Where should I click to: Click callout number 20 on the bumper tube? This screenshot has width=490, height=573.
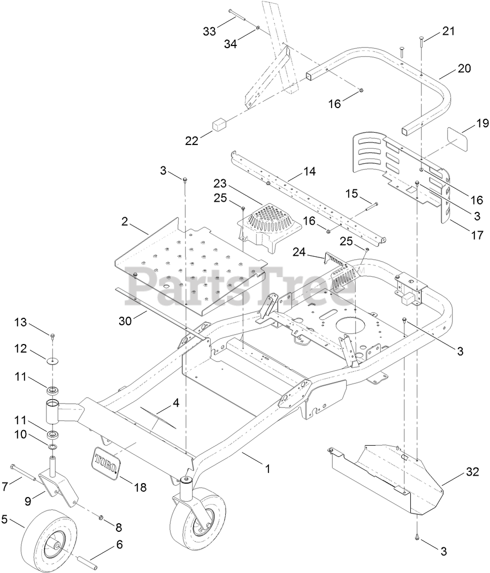click(x=464, y=68)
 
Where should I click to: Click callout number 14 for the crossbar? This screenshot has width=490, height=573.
click(x=309, y=172)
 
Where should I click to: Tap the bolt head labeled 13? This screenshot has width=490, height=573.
click(x=53, y=336)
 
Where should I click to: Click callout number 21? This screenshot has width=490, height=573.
click(x=448, y=31)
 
